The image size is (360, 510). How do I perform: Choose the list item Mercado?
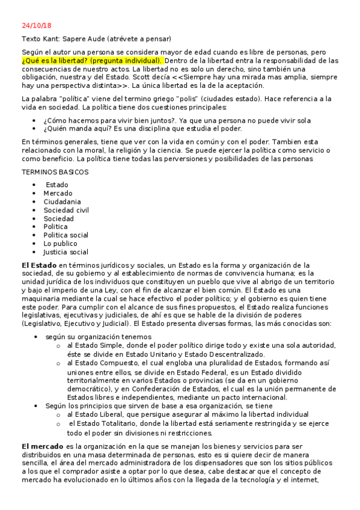[57, 193]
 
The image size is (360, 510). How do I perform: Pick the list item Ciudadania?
[63, 201]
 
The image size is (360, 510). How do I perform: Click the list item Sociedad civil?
[66, 210]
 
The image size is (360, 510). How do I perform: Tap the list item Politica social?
[66, 235]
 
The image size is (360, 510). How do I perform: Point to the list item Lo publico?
[60, 244]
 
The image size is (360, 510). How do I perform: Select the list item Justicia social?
[66, 252]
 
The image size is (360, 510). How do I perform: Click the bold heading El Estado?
[38, 265]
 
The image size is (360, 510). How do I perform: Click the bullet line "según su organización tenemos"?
[97, 337]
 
